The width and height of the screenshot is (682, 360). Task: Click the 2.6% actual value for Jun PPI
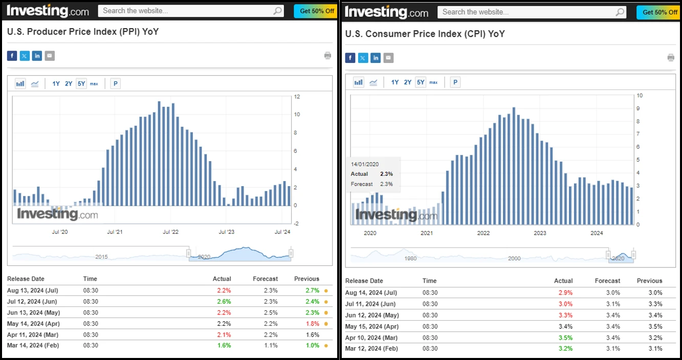tap(224, 301)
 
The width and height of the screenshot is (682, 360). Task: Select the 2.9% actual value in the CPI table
tap(566, 293)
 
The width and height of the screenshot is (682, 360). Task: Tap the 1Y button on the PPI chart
tap(56, 83)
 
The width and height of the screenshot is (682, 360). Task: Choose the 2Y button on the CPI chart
tap(407, 82)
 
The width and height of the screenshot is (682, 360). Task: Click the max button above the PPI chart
tap(94, 83)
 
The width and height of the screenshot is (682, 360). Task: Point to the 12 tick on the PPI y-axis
tap(297, 97)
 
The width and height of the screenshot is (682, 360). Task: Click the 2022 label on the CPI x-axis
tap(483, 233)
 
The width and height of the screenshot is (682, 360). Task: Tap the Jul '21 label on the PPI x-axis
tap(115, 232)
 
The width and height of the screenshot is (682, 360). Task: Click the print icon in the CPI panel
tap(671, 57)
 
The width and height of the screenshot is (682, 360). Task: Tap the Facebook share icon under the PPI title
tap(12, 56)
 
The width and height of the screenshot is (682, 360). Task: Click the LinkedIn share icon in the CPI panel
tap(376, 58)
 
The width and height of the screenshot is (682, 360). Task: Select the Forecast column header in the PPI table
tap(265, 279)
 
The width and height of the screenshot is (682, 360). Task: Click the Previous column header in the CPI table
tap(649, 281)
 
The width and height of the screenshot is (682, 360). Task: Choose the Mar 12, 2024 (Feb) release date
tap(371, 349)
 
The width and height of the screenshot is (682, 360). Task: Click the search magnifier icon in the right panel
tap(620, 12)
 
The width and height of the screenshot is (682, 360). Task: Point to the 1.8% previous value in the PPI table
tap(312, 324)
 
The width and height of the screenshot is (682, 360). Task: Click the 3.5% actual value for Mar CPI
tap(566, 337)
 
